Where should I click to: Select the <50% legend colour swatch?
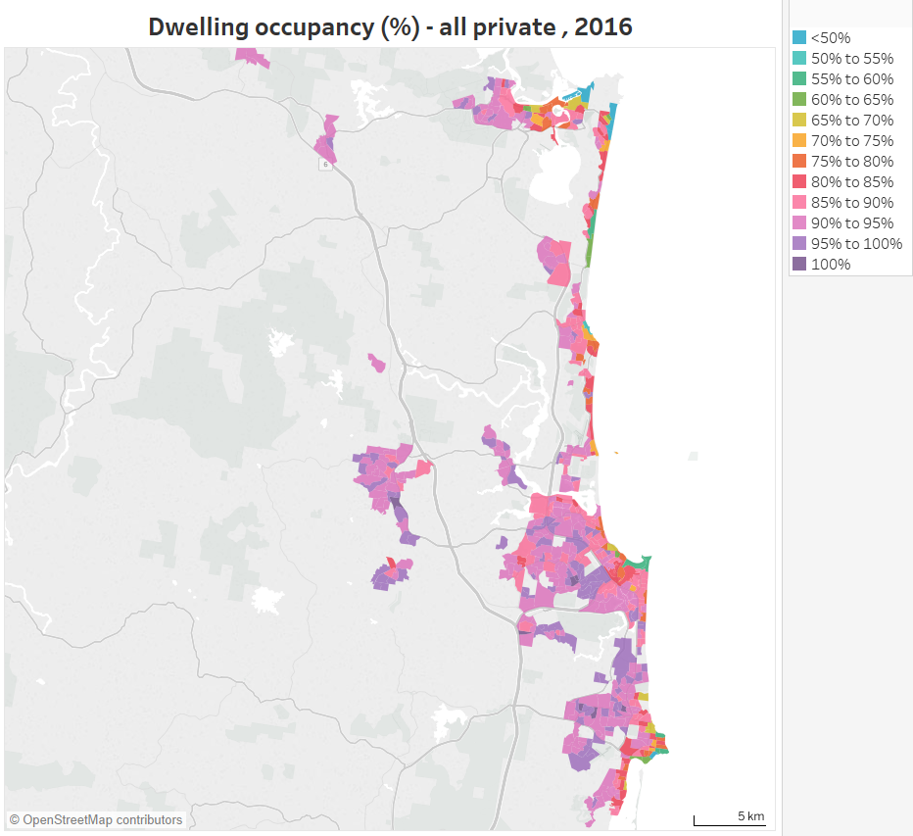pos(798,38)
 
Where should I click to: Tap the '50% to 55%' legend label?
pos(852,59)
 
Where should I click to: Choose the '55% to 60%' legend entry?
pos(852,79)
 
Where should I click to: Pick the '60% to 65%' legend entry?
pos(852,100)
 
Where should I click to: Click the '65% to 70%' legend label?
pos(852,121)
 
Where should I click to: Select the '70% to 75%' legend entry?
pos(852,141)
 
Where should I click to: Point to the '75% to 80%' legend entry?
pos(852,162)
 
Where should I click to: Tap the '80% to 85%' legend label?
pos(852,182)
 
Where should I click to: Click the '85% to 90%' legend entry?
pos(852,203)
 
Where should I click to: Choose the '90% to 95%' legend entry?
pos(852,223)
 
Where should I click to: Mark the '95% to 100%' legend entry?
pos(856,244)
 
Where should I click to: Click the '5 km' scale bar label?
pos(750,815)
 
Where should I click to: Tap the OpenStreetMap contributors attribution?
pos(96,819)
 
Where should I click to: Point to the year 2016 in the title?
pos(603,26)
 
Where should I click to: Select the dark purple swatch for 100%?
pos(798,265)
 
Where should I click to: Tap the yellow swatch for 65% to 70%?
pos(798,121)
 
